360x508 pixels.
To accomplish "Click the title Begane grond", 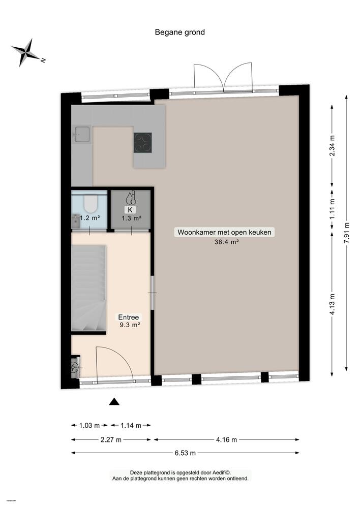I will pyautogui.click(x=179, y=32).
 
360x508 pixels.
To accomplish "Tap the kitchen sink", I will pyautogui.click(x=81, y=136).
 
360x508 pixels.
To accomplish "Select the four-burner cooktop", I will pyautogui.click(x=142, y=142).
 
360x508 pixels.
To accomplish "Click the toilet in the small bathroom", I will pyautogui.click(x=90, y=204).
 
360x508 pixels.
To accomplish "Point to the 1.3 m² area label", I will pyautogui.click(x=131, y=218).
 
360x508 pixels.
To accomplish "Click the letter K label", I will pyautogui.click(x=131, y=209).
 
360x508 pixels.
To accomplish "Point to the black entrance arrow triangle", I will pyautogui.click(x=114, y=402).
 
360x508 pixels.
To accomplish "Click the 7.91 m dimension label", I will pyautogui.click(x=347, y=234).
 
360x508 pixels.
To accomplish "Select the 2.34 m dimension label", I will pyautogui.click(x=333, y=147).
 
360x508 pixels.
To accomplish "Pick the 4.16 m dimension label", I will pyautogui.click(x=227, y=439).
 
